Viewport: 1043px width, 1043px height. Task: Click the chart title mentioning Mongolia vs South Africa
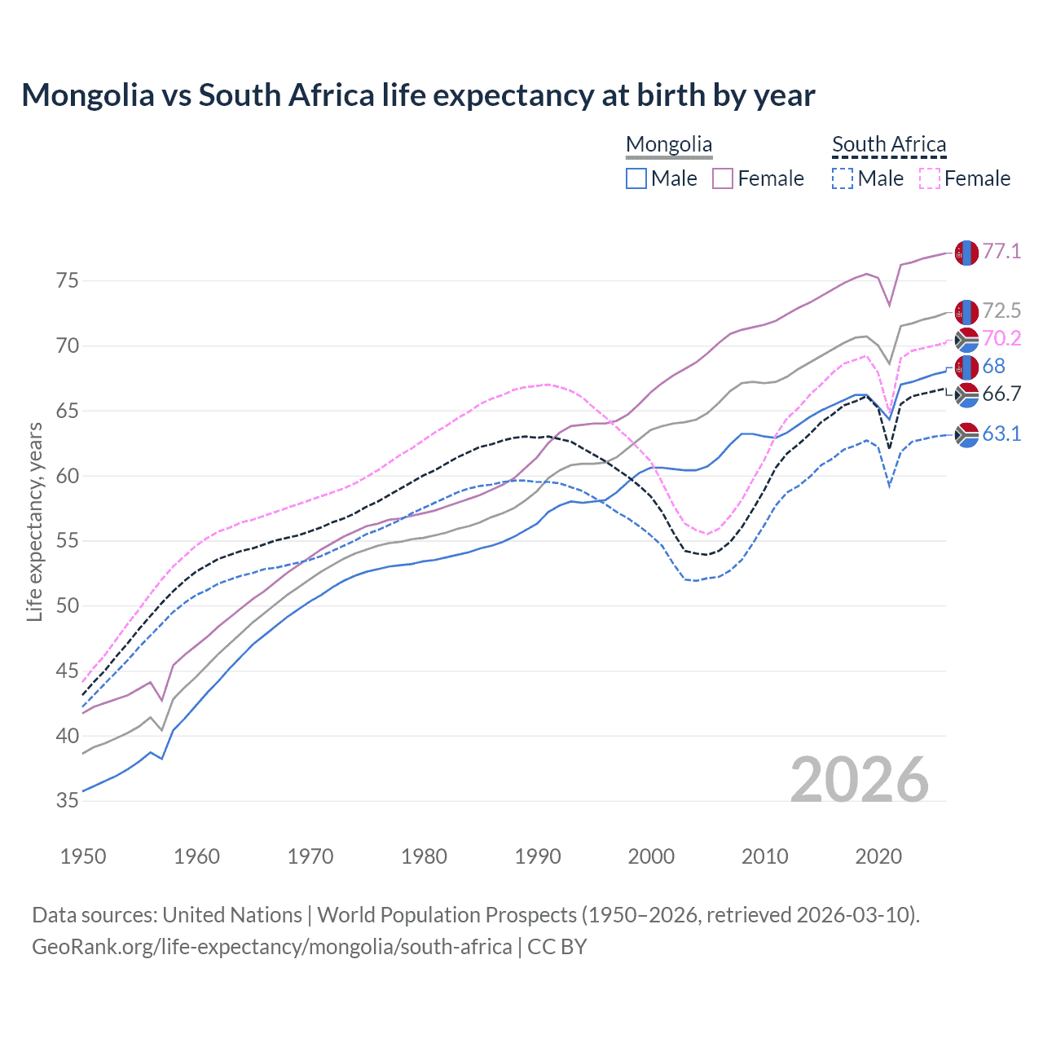[418, 95]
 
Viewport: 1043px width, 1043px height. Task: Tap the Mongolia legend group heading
[669, 144]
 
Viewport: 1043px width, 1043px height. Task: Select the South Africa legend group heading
[889, 144]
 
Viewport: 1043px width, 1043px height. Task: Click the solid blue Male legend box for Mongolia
[636, 178]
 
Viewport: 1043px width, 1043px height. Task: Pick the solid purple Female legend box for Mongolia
[724, 178]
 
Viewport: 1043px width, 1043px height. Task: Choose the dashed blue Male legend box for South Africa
[843, 178]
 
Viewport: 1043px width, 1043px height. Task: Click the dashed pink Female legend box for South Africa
[930, 178]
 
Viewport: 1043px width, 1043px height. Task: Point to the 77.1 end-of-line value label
[1001, 251]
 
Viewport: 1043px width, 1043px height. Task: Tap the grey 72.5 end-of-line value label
[1001, 310]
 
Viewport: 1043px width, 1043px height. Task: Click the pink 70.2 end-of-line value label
[1001, 338]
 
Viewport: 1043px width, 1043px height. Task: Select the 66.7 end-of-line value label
[1001, 394]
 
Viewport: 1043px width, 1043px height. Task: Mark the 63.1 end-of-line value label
[1001, 433]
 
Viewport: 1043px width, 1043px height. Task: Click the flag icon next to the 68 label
[966, 367]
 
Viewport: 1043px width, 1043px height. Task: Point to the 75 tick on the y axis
[68, 281]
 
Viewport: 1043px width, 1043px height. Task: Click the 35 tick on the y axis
[68, 801]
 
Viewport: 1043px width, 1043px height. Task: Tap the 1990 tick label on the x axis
[538, 856]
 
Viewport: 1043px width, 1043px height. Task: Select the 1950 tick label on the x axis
[83, 856]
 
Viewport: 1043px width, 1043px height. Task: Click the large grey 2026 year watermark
[860, 780]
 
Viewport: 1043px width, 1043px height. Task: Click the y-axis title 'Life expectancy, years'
[34, 521]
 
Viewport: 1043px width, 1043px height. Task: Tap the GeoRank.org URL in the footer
[271, 947]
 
